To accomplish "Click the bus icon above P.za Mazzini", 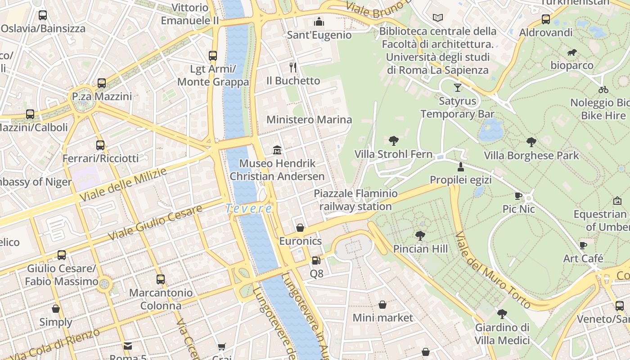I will [x=102, y=83].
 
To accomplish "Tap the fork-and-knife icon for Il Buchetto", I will [x=293, y=67].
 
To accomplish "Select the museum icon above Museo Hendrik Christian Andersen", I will [x=277, y=150].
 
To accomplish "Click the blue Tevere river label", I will [x=249, y=209].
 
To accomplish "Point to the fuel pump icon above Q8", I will [x=316, y=260].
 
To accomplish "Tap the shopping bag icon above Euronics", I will [x=300, y=228].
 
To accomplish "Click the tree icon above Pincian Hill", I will [x=420, y=235].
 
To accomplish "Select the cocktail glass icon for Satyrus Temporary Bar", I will [x=458, y=87].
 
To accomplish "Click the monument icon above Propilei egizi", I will [x=460, y=167].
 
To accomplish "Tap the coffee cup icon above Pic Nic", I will [x=518, y=196].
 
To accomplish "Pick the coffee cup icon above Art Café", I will [x=583, y=246].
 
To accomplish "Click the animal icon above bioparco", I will [x=572, y=53].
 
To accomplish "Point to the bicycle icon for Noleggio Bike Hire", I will [x=603, y=89].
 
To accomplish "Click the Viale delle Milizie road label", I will [x=122, y=185].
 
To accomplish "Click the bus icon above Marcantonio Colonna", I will [x=161, y=279].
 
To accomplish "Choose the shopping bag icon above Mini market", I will [x=382, y=305].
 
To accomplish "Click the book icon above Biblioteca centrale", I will [x=438, y=18].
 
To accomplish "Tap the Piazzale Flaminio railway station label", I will [x=355, y=200].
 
